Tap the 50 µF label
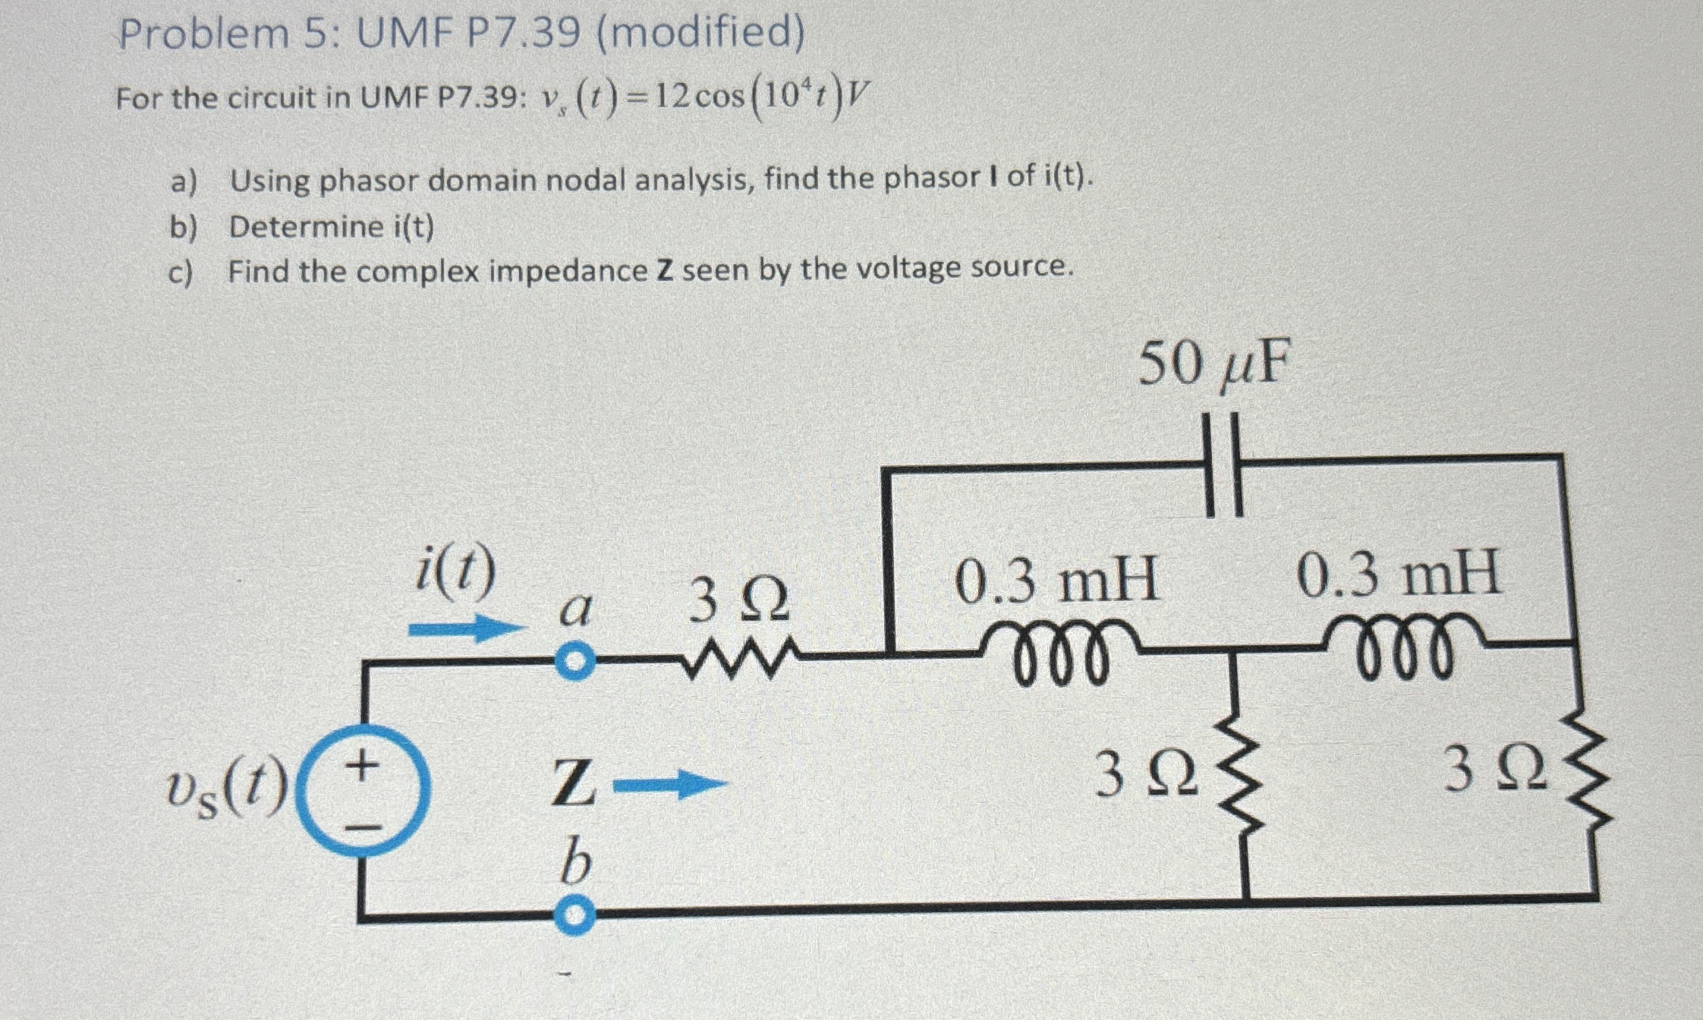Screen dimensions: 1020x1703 pos(1214,364)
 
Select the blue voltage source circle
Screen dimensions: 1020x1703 pos(363,789)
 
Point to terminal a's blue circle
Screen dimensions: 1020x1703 pos(575,662)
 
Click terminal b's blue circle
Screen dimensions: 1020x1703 pos(575,916)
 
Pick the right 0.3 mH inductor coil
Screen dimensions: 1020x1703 pos(1404,647)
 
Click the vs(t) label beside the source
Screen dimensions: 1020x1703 pos(228,789)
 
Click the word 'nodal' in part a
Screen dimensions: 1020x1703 pos(581,181)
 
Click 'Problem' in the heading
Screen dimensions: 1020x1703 pos(203,35)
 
